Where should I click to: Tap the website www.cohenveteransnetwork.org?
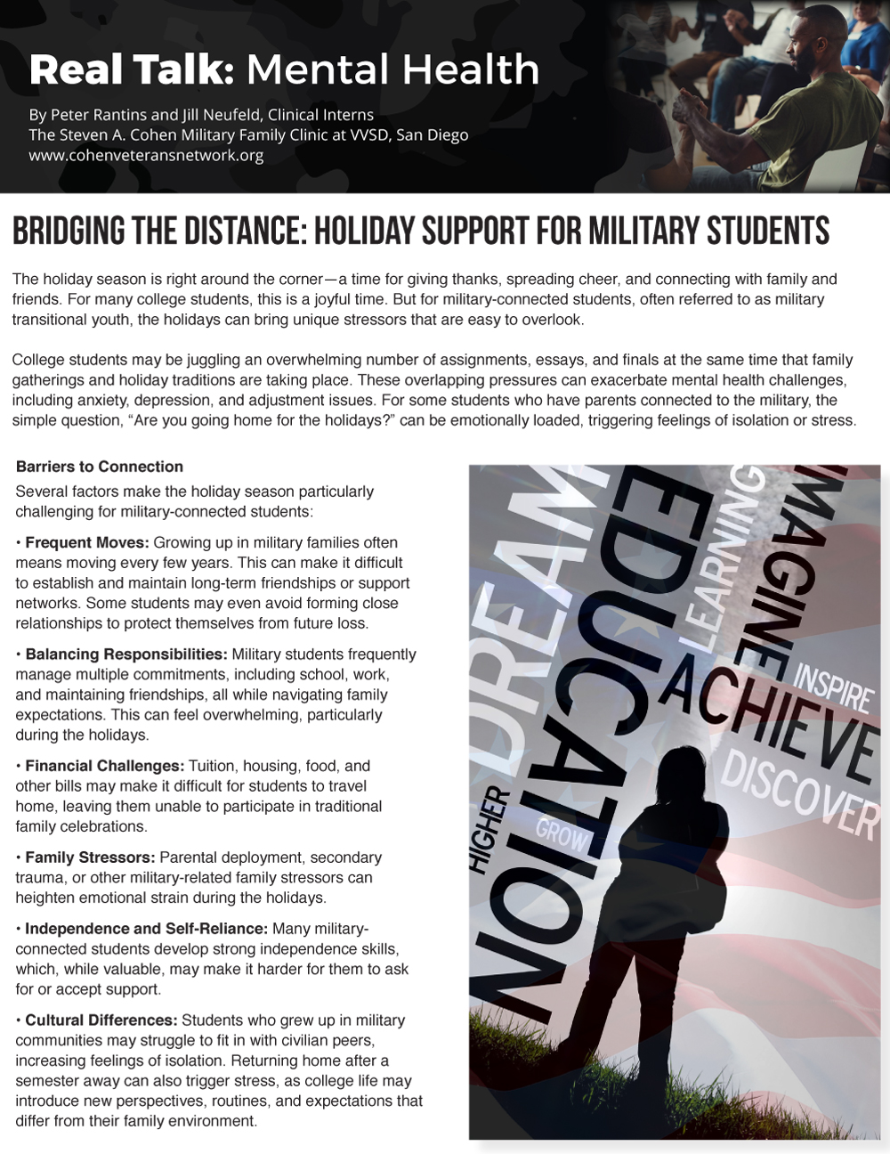[146, 156]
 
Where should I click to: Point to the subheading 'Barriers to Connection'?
[99, 467]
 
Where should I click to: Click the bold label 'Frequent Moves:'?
[87, 542]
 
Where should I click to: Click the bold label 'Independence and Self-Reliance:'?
[146, 929]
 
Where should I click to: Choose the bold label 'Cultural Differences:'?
[101, 1020]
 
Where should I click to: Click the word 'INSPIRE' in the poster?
[833, 687]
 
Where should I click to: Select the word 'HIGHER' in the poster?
[490, 828]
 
